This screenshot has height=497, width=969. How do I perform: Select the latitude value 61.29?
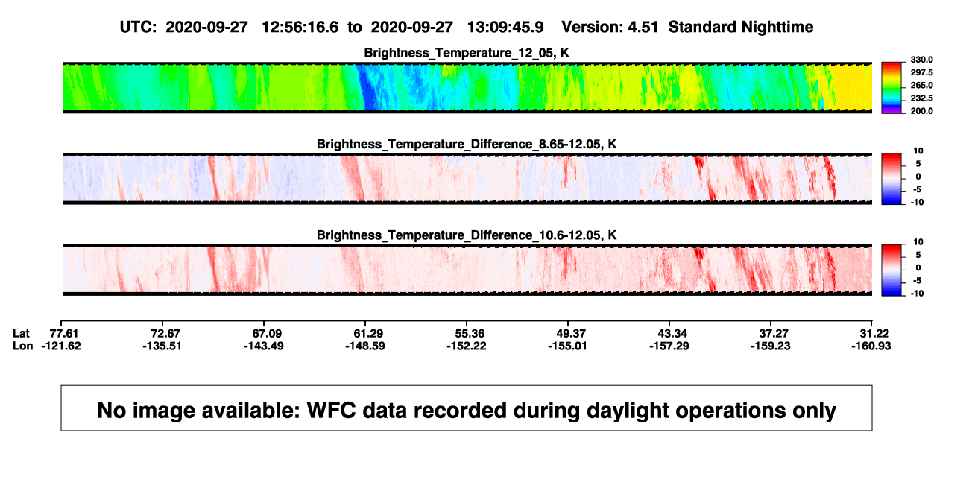click(368, 334)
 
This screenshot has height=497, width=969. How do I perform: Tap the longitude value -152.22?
click(467, 346)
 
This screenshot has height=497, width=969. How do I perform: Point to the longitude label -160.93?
click(871, 346)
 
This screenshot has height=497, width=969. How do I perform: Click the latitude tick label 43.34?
click(672, 334)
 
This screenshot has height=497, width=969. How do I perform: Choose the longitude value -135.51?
click(162, 346)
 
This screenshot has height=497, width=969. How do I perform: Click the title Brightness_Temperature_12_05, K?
click(467, 53)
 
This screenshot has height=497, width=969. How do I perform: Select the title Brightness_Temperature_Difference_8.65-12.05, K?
click(467, 144)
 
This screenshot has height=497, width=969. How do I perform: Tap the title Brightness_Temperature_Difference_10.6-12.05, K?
click(467, 235)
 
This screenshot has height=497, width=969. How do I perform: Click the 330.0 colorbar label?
click(921, 60)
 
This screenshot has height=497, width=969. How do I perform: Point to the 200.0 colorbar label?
click(921, 111)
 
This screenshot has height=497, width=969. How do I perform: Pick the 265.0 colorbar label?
click(921, 85)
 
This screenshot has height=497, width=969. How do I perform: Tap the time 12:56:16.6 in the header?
click(300, 27)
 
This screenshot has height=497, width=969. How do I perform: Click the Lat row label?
click(21, 334)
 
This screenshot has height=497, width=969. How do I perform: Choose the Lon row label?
click(22, 346)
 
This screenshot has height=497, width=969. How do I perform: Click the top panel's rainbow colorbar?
click(891, 88)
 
